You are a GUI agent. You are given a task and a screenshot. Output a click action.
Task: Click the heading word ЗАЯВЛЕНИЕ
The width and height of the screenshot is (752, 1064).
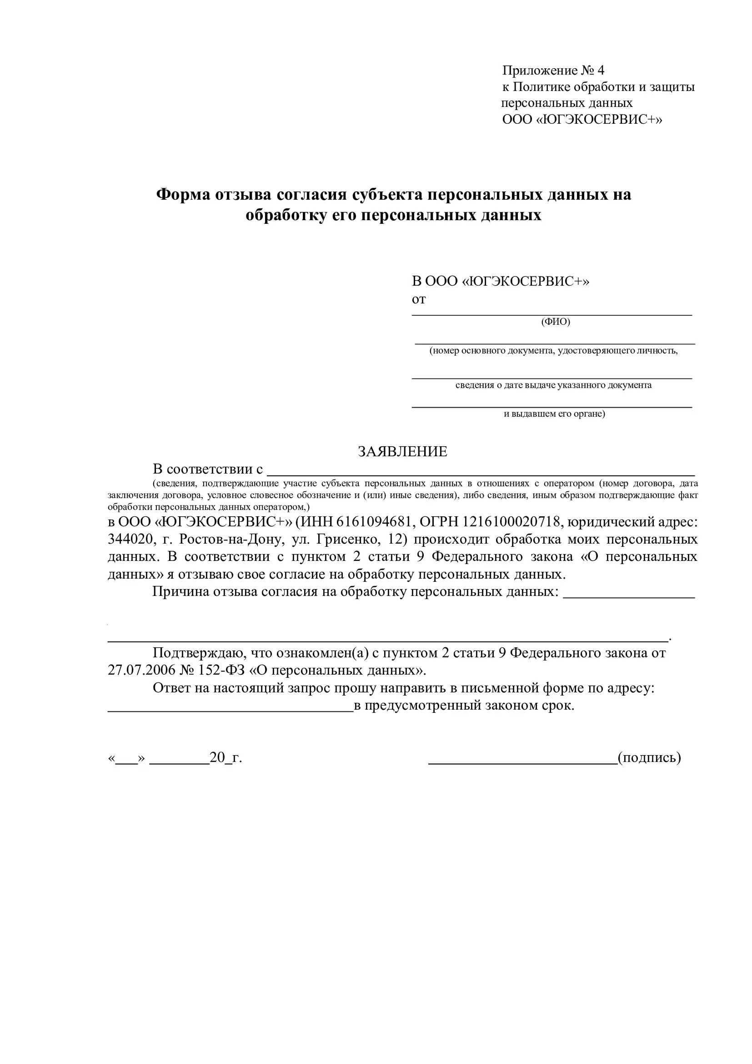tap(402, 451)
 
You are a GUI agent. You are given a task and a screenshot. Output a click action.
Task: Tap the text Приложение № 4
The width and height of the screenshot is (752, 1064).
tap(553, 71)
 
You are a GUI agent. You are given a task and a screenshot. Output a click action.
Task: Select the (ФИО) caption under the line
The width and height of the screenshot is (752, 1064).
tap(555, 322)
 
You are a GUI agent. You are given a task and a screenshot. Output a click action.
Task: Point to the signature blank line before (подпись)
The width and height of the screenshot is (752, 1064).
tap(523, 762)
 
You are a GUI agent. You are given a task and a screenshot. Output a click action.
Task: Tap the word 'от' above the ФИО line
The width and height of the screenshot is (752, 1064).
tap(419, 299)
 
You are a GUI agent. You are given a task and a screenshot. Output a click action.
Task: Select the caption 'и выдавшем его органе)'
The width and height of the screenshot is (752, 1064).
tap(554, 414)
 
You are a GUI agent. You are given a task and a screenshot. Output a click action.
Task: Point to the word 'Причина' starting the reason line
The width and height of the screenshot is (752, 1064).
tap(180, 592)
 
